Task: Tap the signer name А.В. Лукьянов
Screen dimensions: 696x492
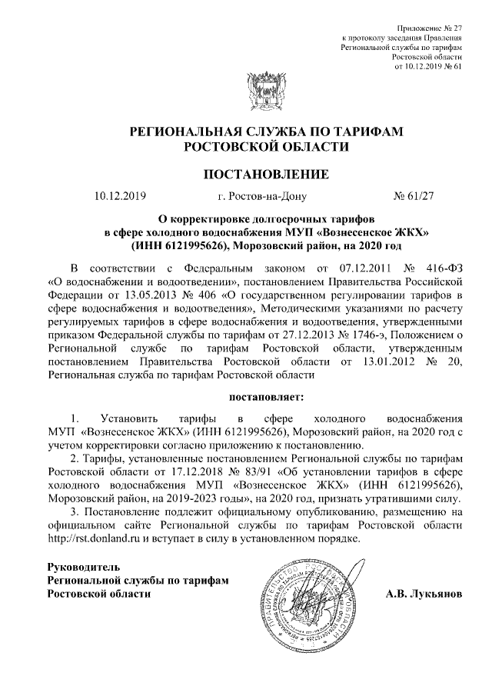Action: pyautogui.click(x=422, y=594)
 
